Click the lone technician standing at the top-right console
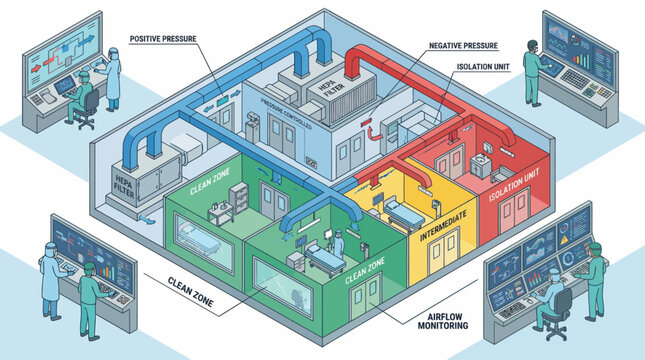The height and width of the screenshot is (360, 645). [532, 75]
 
